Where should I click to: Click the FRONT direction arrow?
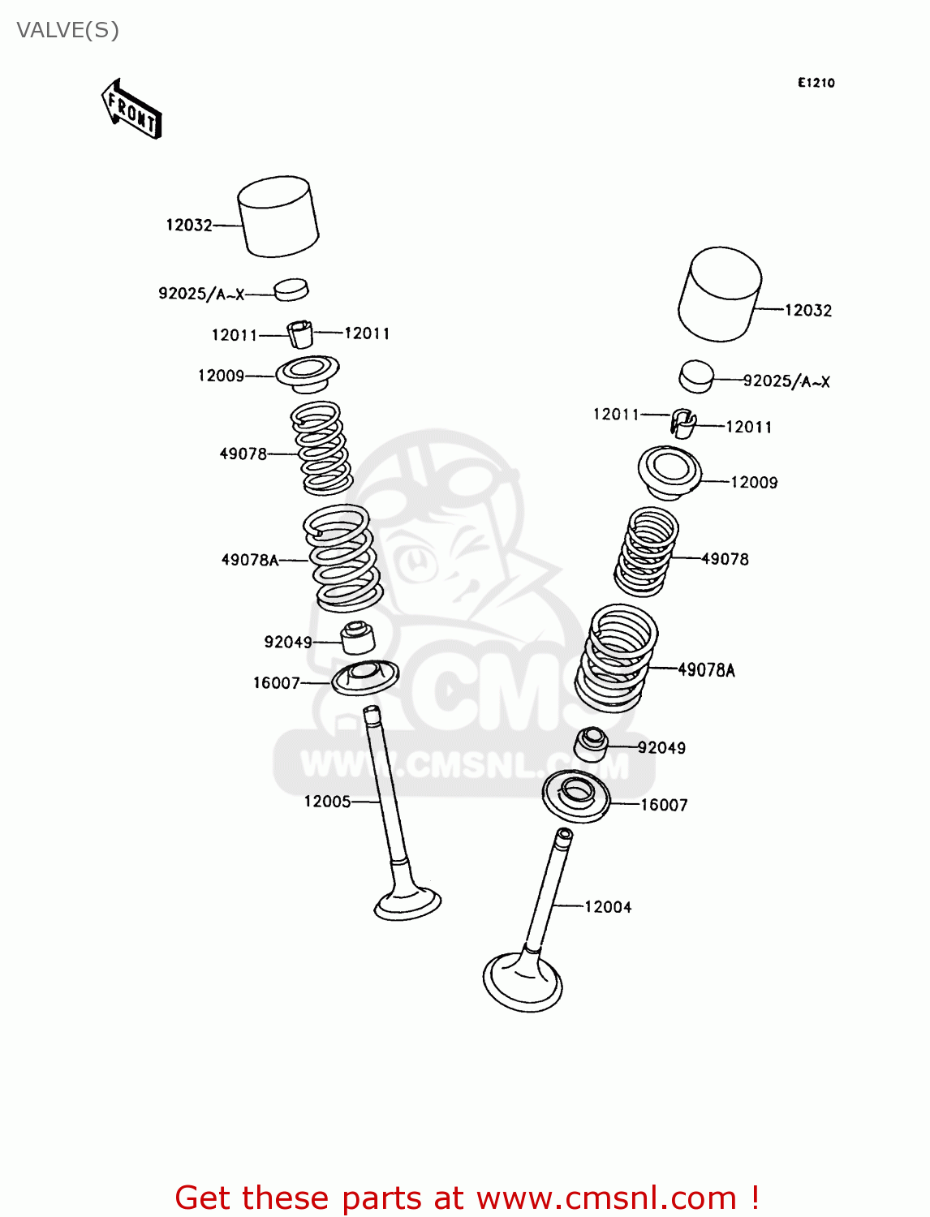131,110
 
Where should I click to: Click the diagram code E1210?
816,83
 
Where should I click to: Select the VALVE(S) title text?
68,30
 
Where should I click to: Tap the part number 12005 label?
327,802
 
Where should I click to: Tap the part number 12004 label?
608,907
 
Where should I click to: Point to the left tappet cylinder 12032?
278,217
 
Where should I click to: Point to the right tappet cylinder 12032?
720,294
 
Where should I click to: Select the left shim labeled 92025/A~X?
291,289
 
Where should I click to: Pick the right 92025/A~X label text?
786,381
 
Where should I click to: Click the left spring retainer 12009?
307,373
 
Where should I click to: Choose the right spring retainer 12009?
670,472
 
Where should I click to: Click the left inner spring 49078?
321,449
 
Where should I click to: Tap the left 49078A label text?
250,560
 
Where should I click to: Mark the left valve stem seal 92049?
357,638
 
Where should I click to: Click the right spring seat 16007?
576,796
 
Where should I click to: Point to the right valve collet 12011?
683,424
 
